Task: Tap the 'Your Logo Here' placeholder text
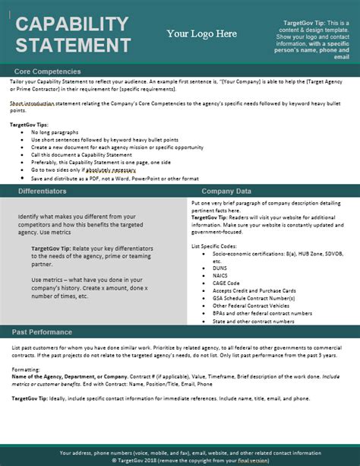[201, 33]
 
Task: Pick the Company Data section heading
[227, 192]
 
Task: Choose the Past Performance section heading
[44, 332]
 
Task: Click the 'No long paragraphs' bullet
[57, 132]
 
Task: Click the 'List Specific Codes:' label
[216, 246]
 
